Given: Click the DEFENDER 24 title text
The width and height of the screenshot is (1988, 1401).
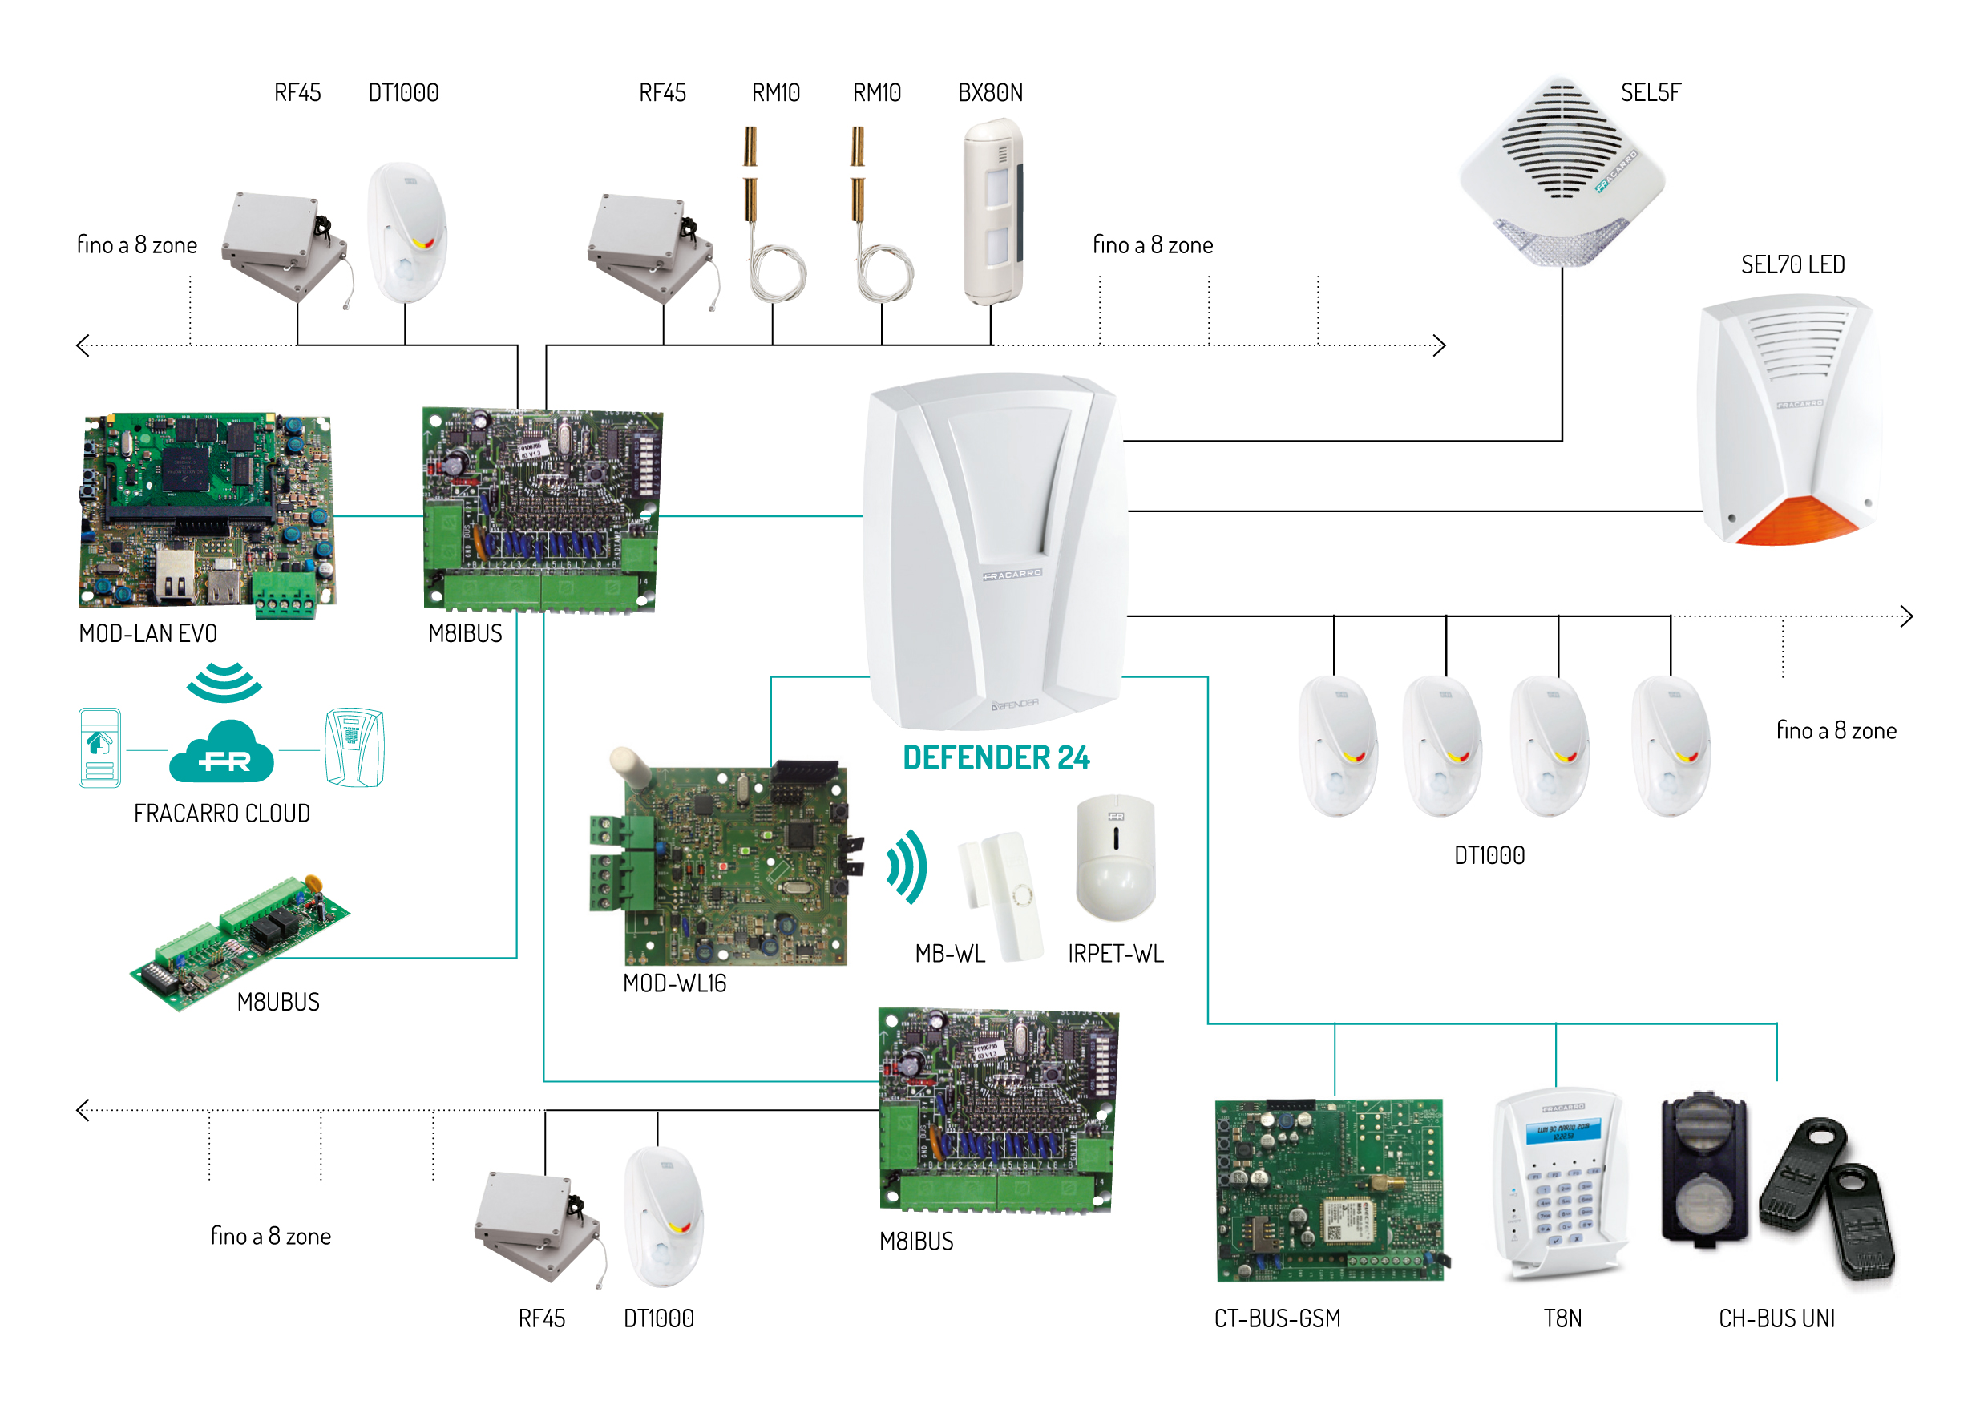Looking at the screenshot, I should (996, 757).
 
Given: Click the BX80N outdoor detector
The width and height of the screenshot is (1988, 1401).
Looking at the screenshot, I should (994, 212).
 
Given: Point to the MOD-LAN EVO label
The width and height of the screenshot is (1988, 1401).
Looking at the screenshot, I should (148, 634).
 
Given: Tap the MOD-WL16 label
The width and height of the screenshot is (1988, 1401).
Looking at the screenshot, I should (674, 983).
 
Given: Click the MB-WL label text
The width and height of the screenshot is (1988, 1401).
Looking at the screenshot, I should (950, 955).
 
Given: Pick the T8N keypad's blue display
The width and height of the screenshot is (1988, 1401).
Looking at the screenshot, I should (1563, 1131).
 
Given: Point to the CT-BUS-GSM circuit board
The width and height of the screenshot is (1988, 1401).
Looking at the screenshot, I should (1330, 1190).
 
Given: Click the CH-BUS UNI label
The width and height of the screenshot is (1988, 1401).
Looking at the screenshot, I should (1776, 1318).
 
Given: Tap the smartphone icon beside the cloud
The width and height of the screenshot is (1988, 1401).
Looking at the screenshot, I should (99, 747).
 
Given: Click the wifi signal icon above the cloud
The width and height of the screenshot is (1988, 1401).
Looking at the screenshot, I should (224, 682).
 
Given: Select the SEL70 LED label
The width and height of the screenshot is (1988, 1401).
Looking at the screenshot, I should (1792, 265).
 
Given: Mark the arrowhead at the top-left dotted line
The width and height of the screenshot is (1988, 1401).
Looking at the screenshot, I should (83, 345).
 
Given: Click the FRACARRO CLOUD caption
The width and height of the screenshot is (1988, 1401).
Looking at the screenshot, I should (222, 814).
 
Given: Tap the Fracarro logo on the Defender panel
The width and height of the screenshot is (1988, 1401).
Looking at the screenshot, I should (1012, 574).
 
